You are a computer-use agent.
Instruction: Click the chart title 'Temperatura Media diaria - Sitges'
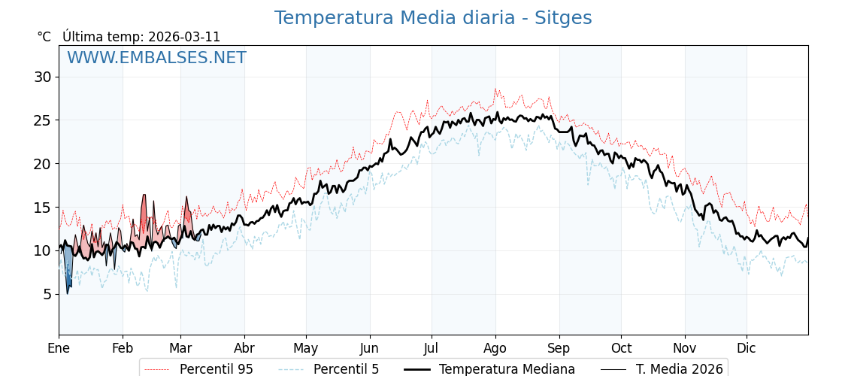432,18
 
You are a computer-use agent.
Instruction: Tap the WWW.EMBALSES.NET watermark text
156,58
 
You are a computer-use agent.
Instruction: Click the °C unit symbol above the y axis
44,37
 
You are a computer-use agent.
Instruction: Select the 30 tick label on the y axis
42,77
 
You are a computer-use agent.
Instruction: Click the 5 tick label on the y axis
47,294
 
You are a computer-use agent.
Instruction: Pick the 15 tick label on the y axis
42,207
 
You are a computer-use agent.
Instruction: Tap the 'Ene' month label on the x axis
59,348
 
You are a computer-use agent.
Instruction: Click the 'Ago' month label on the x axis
495,348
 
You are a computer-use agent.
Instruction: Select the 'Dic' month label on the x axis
747,348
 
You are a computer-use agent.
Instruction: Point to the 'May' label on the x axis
306,348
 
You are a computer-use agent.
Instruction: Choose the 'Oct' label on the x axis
621,348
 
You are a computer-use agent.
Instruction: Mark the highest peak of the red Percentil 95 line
495,89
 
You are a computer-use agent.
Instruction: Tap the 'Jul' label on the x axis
432,348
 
